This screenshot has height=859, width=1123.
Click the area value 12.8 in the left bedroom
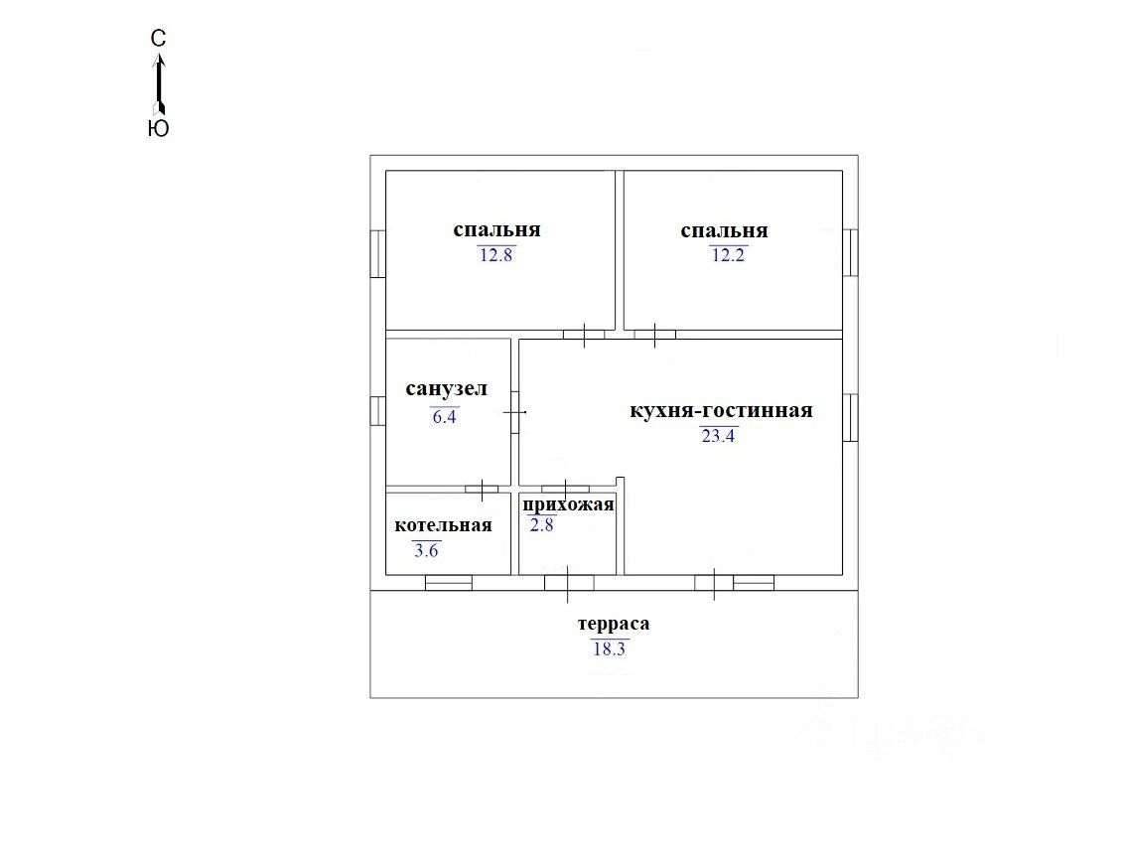pos(496,255)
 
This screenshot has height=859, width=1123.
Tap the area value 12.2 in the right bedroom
pos(729,255)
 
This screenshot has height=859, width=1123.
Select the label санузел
pos(446,388)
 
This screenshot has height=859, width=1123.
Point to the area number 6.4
pos(444,416)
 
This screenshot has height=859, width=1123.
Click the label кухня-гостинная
pos(721,410)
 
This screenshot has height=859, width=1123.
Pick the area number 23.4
pos(718,436)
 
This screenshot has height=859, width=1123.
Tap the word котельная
pos(443,525)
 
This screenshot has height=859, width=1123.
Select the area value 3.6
pos(426,550)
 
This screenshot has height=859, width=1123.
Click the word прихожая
pos(569,504)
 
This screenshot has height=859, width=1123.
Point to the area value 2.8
pos(541,525)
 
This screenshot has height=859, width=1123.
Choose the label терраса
pos(614,624)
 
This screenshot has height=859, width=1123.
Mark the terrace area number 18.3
pos(610,649)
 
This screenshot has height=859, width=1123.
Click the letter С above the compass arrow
pos(158,39)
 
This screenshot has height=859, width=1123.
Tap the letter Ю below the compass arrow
pos(158,128)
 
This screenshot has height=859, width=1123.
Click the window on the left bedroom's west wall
pos(378,253)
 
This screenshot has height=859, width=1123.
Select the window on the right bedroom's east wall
pos(850,252)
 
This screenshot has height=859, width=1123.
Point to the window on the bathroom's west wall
pos(378,410)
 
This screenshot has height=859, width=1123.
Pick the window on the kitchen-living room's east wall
pos(850,418)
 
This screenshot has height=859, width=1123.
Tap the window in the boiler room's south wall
pos(449,583)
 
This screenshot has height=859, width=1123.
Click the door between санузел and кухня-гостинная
pos(515,413)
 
